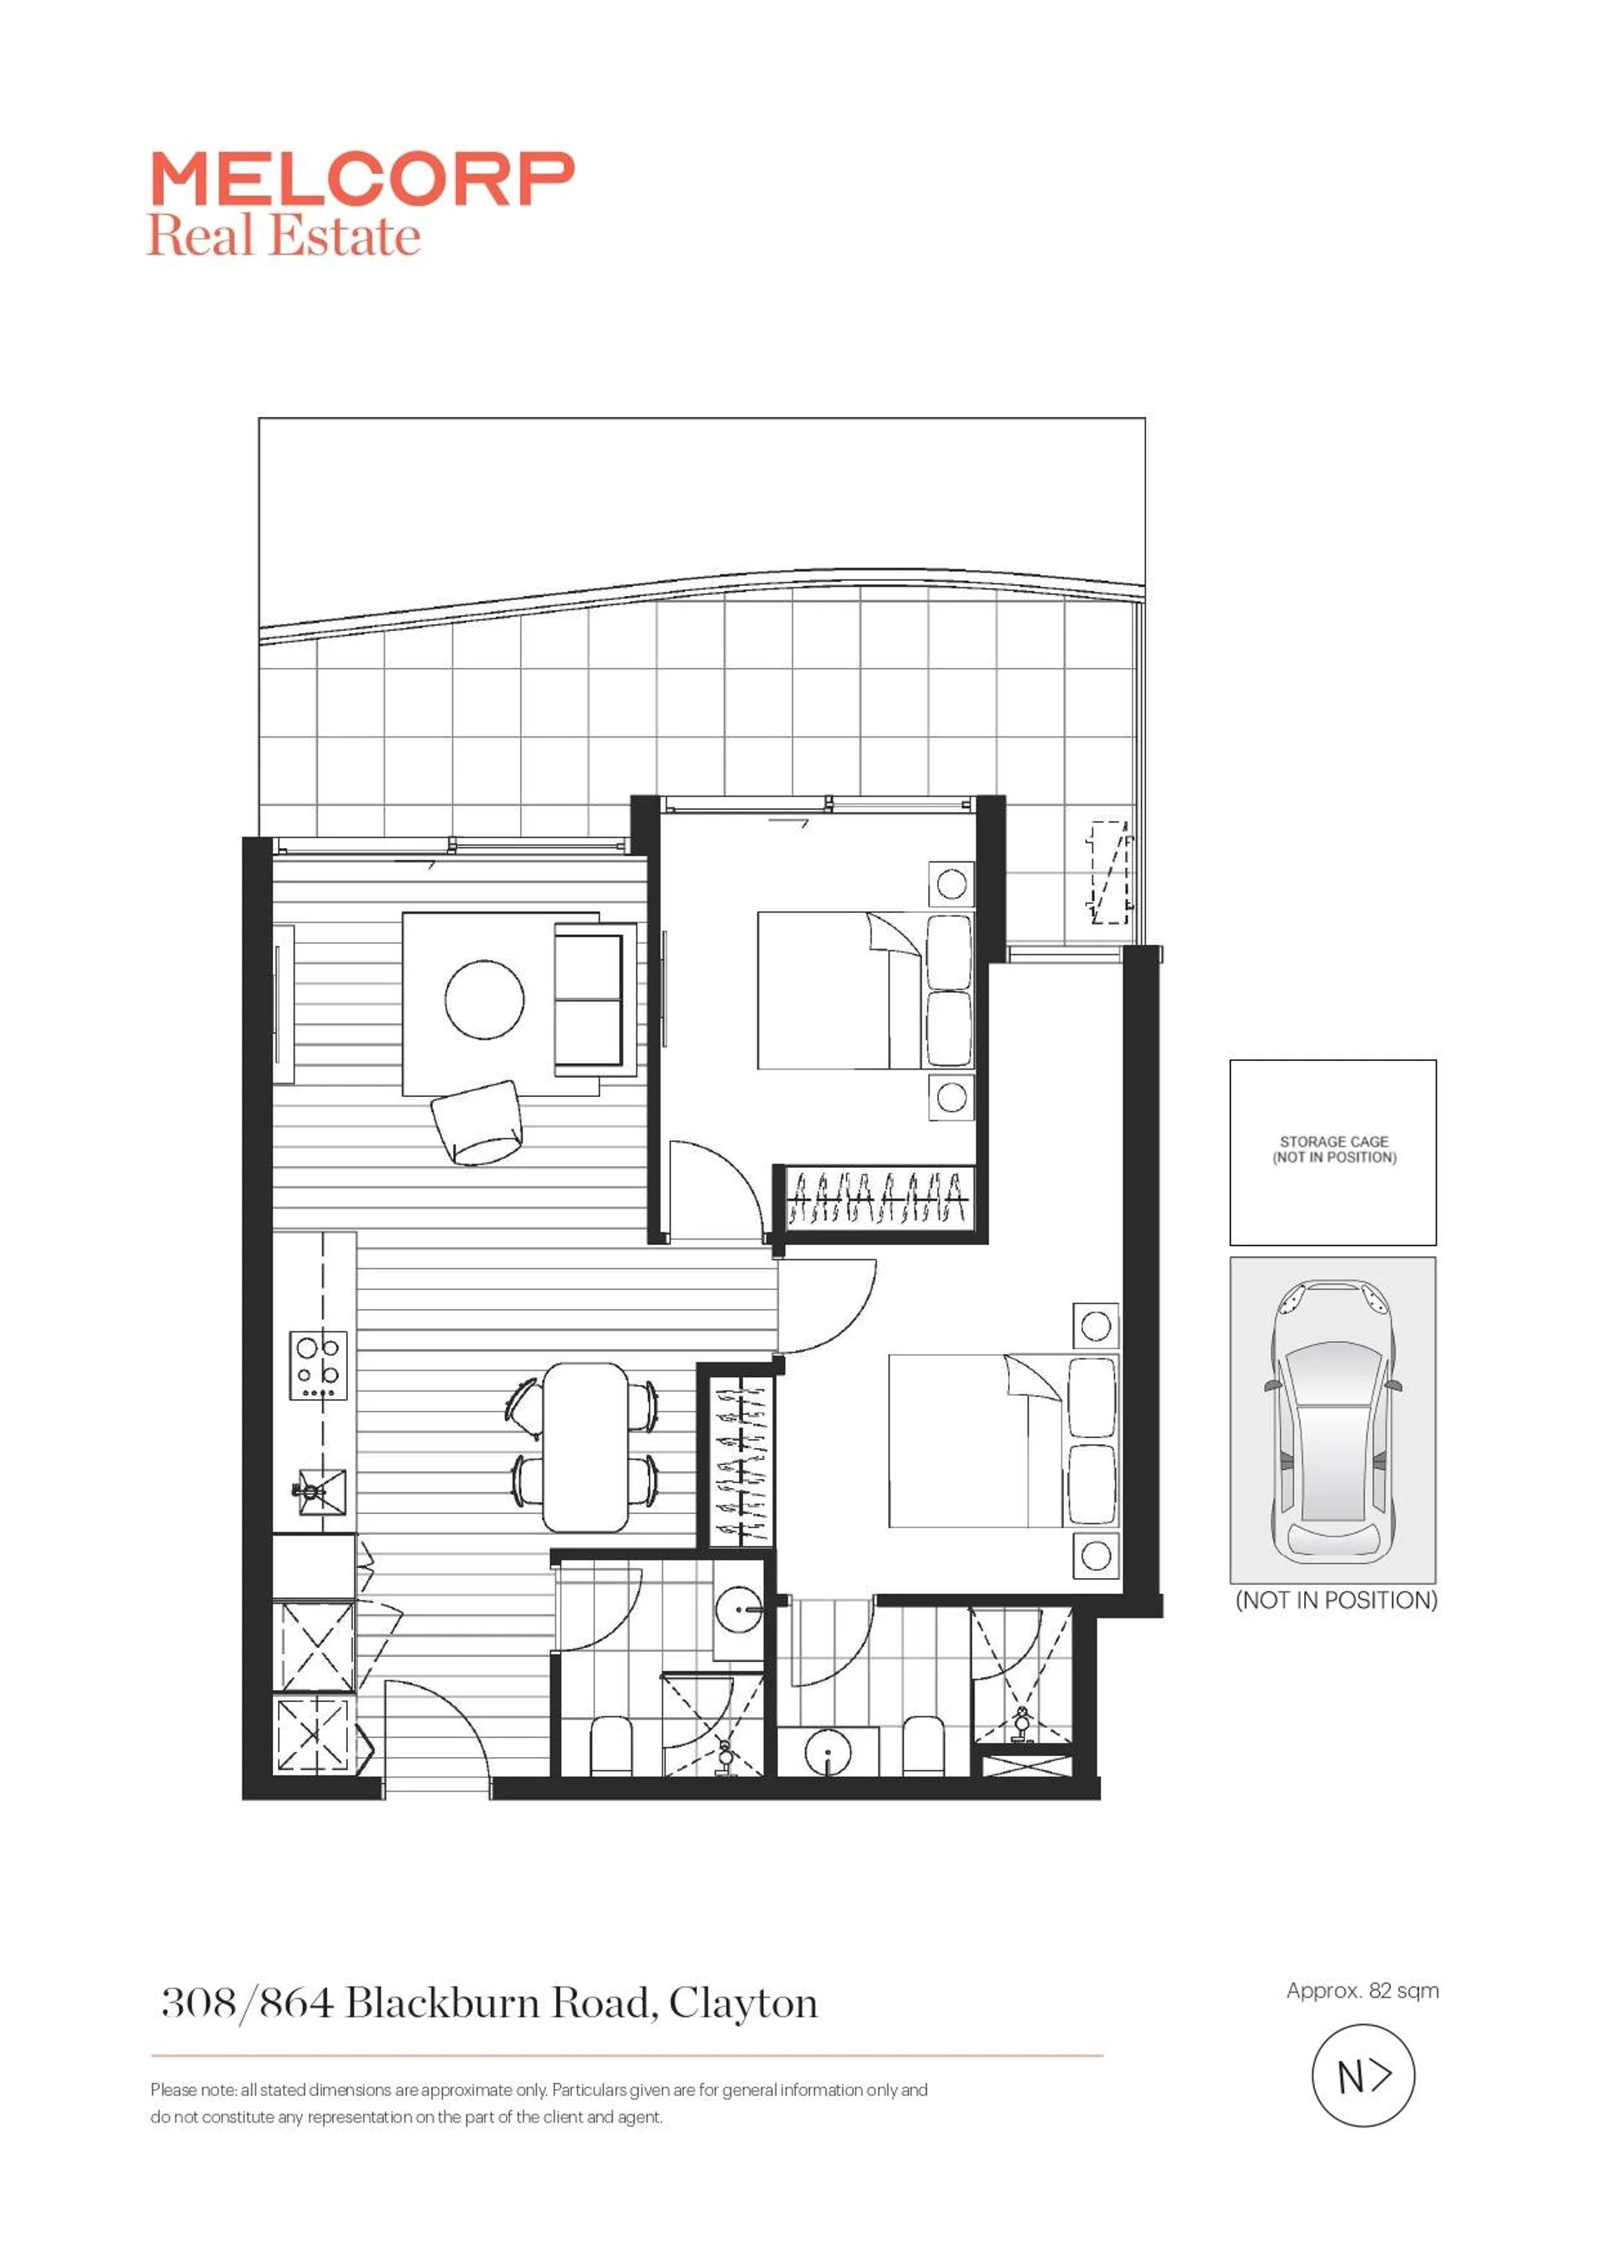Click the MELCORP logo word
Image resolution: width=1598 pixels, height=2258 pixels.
tap(362, 179)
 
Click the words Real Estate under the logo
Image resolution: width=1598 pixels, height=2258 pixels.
tap(283, 236)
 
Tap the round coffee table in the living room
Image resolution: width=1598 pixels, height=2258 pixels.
tap(484, 999)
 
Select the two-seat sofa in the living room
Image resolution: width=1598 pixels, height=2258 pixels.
tap(589, 1000)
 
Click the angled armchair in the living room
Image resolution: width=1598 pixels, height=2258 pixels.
tap(477, 1123)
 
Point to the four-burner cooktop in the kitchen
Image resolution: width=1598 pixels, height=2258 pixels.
tap(319, 1366)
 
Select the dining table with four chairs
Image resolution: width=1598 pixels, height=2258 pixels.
tap(585, 1447)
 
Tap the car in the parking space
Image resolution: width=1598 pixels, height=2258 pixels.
tap(1332, 1420)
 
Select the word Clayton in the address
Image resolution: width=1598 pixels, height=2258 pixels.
tap(743, 2003)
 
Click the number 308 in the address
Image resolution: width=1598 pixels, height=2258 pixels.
tap(198, 2002)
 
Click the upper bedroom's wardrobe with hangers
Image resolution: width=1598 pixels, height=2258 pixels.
tap(879, 1198)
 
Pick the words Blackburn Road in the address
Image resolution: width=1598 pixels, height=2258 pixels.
tap(502, 2002)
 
